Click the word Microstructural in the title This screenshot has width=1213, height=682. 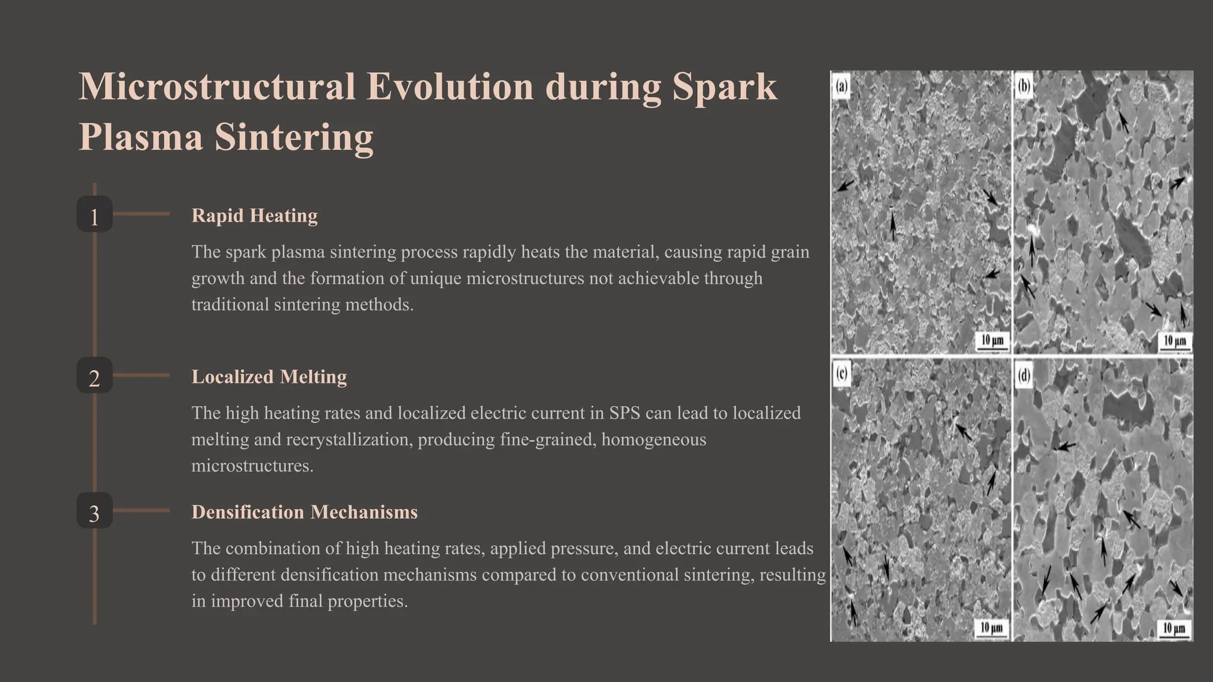pyautogui.click(x=217, y=87)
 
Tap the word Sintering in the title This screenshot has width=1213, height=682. pyautogui.click(x=294, y=137)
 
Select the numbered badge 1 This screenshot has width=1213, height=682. pyautogui.click(x=94, y=216)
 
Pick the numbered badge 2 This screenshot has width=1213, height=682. pyautogui.click(x=94, y=377)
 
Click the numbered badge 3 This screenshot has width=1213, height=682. pyautogui.click(x=94, y=513)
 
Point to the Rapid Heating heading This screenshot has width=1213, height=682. pyautogui.click(x=254, y=215)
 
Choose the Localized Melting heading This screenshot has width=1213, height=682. pyautogui.click(x=269, y=377)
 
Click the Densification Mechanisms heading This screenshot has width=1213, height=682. pyautogui.click(x=304, y=512)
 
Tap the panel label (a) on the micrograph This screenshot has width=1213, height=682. pyautogui.click(x=841, y=86)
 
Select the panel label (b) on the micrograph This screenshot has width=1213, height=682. pyautogui.click(x=1023, y=86)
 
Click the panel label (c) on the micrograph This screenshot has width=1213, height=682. pyautogui.click(x=842, y=374)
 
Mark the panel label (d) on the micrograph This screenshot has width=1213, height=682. pyautogui.click(x=1024, y=375)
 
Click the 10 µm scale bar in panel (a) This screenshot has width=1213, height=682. pyautogui.click(x=993, y=342)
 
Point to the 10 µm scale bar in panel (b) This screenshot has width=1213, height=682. pyautogui.click(x=1175, y=342)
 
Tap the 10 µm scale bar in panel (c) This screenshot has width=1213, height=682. pyautogui.click(x=991, y=629)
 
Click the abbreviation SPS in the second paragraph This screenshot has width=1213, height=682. pyautogui.click(x=625, y=413)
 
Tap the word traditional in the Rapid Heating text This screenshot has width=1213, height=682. pyautogui.click(x=230, y=304)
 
